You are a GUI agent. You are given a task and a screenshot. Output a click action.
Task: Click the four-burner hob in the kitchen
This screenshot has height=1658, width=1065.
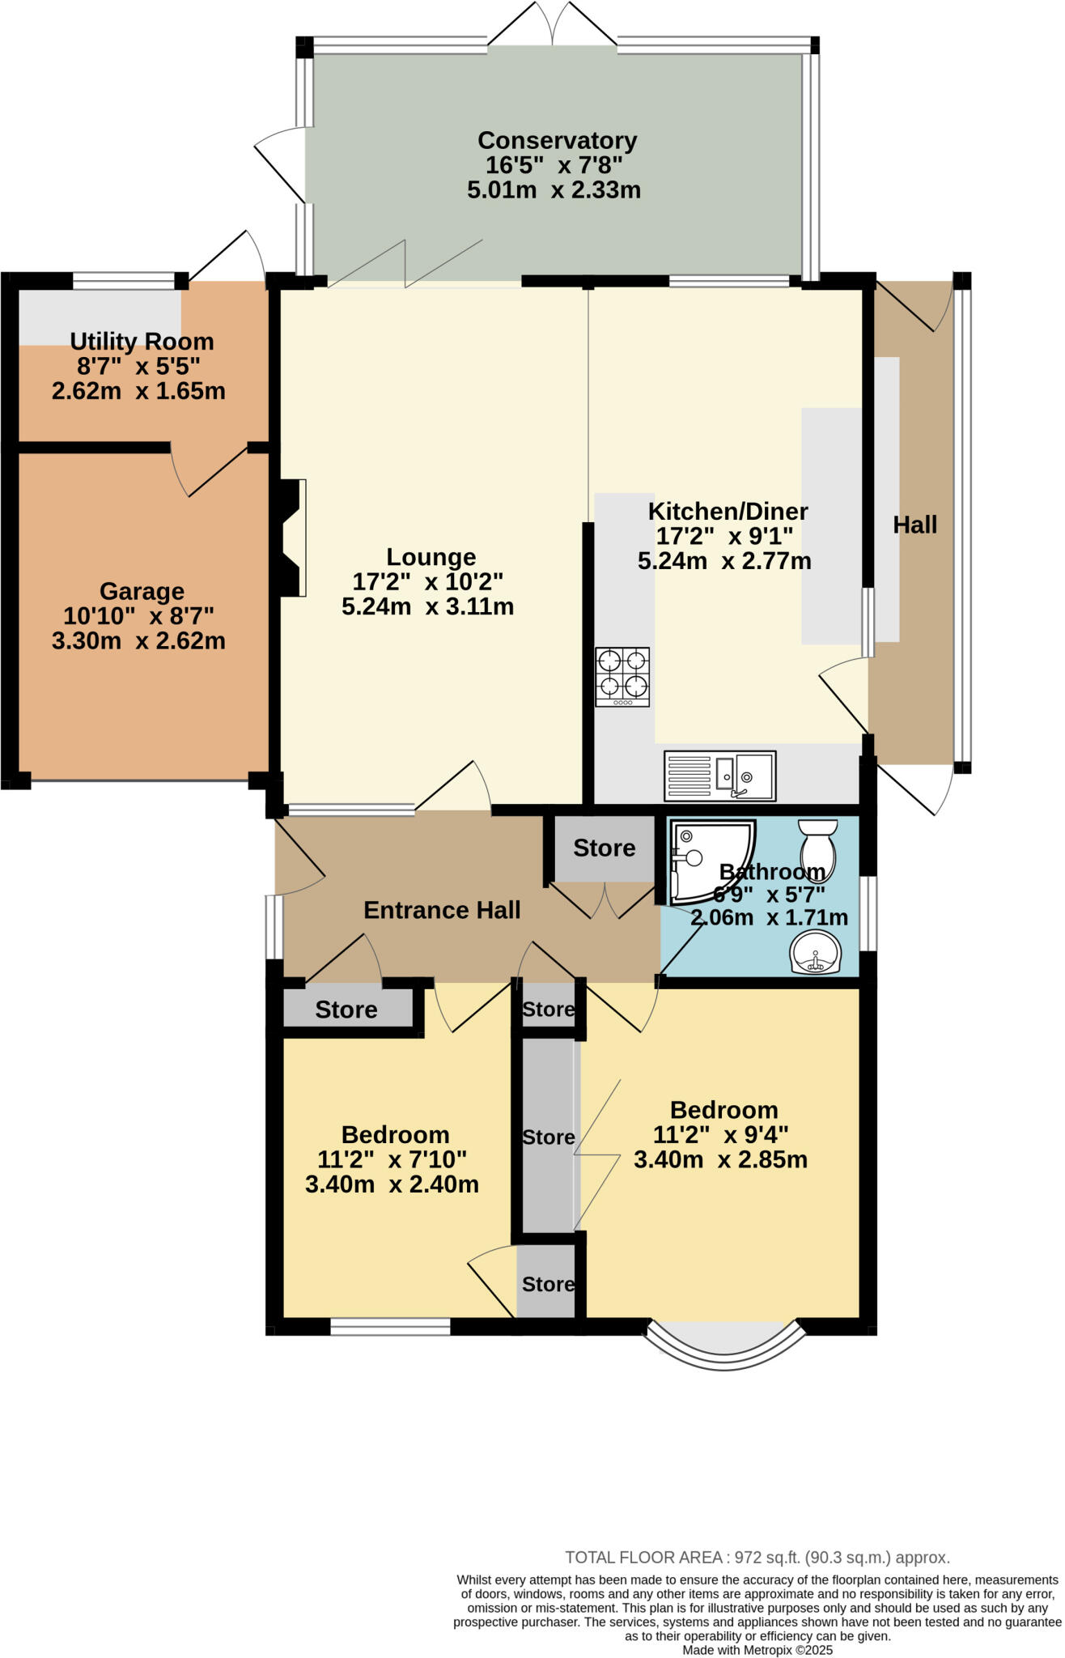click(x=622, y=676)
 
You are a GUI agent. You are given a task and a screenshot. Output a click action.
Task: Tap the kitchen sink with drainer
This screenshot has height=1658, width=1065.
click(x=719, y=776)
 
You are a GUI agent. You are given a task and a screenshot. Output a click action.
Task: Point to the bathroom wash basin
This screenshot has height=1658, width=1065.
click(x=815, y=952)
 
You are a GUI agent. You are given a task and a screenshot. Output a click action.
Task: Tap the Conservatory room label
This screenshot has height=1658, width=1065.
click(x=557, y=140)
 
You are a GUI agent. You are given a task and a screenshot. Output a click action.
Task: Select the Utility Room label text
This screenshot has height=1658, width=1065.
click(x=142, y=341)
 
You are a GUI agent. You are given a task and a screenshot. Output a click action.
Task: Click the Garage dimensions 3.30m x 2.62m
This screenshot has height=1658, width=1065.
click(x=138, y=641)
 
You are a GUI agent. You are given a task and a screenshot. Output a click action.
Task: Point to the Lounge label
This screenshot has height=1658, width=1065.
click(x=431, y=557)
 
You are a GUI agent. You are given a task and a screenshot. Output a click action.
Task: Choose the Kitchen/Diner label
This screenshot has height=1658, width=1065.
click(x=728, y=512)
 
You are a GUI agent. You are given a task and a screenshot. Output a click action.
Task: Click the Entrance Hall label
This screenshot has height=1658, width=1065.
click(x=442, y=910)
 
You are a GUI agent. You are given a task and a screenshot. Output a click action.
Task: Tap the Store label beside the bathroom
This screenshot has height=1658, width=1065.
click(x=604, y=848)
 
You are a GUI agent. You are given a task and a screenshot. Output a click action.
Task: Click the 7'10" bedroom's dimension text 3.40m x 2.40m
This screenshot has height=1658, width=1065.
click(x=392, y=1184)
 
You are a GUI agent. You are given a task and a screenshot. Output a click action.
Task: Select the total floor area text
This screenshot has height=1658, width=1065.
click(x=757, y=1557)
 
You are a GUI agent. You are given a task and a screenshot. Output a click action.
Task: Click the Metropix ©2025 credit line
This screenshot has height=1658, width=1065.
click(x=757, y=1650)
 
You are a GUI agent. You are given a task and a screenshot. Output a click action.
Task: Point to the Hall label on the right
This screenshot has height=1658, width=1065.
click(x=914, y=525)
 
